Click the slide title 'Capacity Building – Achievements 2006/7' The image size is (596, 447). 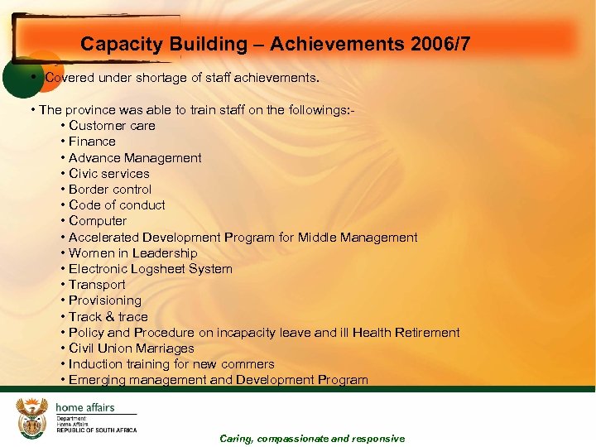[275, 44]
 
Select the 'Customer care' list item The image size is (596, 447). [112, 126]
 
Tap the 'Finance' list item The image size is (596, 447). [92, 142]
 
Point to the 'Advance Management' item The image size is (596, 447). [135, 157]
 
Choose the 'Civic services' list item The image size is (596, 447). [109, 174]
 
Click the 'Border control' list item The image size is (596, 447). [110, 190]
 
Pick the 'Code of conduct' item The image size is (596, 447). [117, 205]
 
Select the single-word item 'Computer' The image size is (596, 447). [98, 221]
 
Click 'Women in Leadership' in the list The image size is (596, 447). [133, 253]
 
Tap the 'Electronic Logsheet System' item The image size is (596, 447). [151, 269]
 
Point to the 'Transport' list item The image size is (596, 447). [97, 285]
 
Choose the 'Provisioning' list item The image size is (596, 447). [105, 300]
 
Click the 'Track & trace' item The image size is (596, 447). [108, 316]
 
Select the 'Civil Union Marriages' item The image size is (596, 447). [132, 348]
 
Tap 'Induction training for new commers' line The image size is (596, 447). [171, 364]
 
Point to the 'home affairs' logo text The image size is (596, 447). [85, 407]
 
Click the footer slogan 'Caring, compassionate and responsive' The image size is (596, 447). [312, 439]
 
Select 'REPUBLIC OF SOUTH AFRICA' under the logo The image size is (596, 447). [97, 430]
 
